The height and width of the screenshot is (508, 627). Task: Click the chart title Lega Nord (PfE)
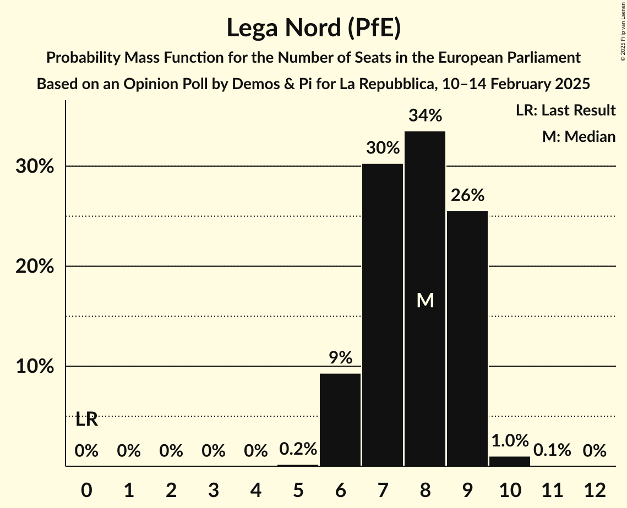(313, 29)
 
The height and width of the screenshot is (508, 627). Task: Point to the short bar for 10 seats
(510, 461)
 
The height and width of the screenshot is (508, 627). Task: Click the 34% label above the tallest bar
(425, 116)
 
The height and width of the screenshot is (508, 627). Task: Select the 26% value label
(467, 195)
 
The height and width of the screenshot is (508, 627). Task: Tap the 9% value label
(340, 358)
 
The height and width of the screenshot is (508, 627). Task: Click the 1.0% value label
(510, 441)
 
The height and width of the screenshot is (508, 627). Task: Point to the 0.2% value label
(298, 449)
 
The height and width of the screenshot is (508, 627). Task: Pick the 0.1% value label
(552, 451)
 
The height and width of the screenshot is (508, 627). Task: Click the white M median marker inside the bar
(425, 300)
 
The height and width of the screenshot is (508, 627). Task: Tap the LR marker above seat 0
(86, 419)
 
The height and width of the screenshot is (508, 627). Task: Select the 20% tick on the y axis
(35, 266)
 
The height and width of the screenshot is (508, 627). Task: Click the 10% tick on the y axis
(35, 366)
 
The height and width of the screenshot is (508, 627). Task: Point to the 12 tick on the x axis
(595, 489)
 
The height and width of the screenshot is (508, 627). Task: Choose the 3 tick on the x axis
(213, 489)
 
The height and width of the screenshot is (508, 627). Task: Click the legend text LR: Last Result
(565, 111)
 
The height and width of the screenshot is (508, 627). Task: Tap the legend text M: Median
(579, 136)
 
